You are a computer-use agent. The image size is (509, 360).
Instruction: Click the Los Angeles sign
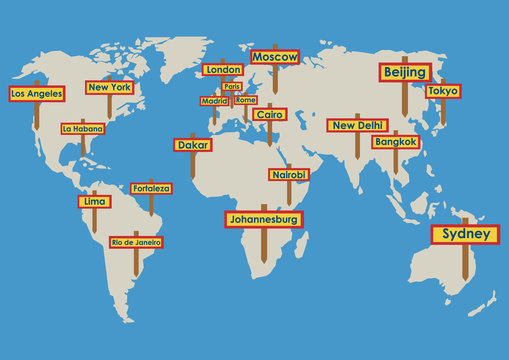(x=36, y=93)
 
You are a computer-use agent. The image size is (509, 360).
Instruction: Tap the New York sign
(x=109, y=87)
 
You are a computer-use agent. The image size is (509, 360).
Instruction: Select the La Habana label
(x=82, y=128)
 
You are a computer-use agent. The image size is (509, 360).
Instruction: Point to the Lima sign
(x=94, y=201)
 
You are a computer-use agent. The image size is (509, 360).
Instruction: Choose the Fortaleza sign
(x=151, y=188)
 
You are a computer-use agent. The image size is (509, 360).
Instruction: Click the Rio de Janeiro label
(x=136, y=242)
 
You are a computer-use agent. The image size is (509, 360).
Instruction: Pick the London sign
(x=223, y=70)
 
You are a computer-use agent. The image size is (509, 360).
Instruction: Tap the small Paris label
(x=232, y=86)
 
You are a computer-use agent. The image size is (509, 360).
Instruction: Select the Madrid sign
(x=214, y=101)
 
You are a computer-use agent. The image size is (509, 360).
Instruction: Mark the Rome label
(x=245, y=100)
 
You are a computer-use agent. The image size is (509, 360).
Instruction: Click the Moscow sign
(x=275, y=57)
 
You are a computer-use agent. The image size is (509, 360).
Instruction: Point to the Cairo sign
(x=269, y=114)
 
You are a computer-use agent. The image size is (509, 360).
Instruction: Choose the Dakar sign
(x=192, y=144)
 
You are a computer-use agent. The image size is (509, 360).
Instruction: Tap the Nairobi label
(x=288, y=174)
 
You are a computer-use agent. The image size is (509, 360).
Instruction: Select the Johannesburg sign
(x=264, y=218)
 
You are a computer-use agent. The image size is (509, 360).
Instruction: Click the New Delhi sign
(x=357, y=125)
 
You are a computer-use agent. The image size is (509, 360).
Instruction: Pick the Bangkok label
(x=395, y=142)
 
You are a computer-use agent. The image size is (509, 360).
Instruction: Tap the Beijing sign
(x=404, y=72)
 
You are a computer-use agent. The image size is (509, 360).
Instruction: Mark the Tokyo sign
(x=442, y=91)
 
